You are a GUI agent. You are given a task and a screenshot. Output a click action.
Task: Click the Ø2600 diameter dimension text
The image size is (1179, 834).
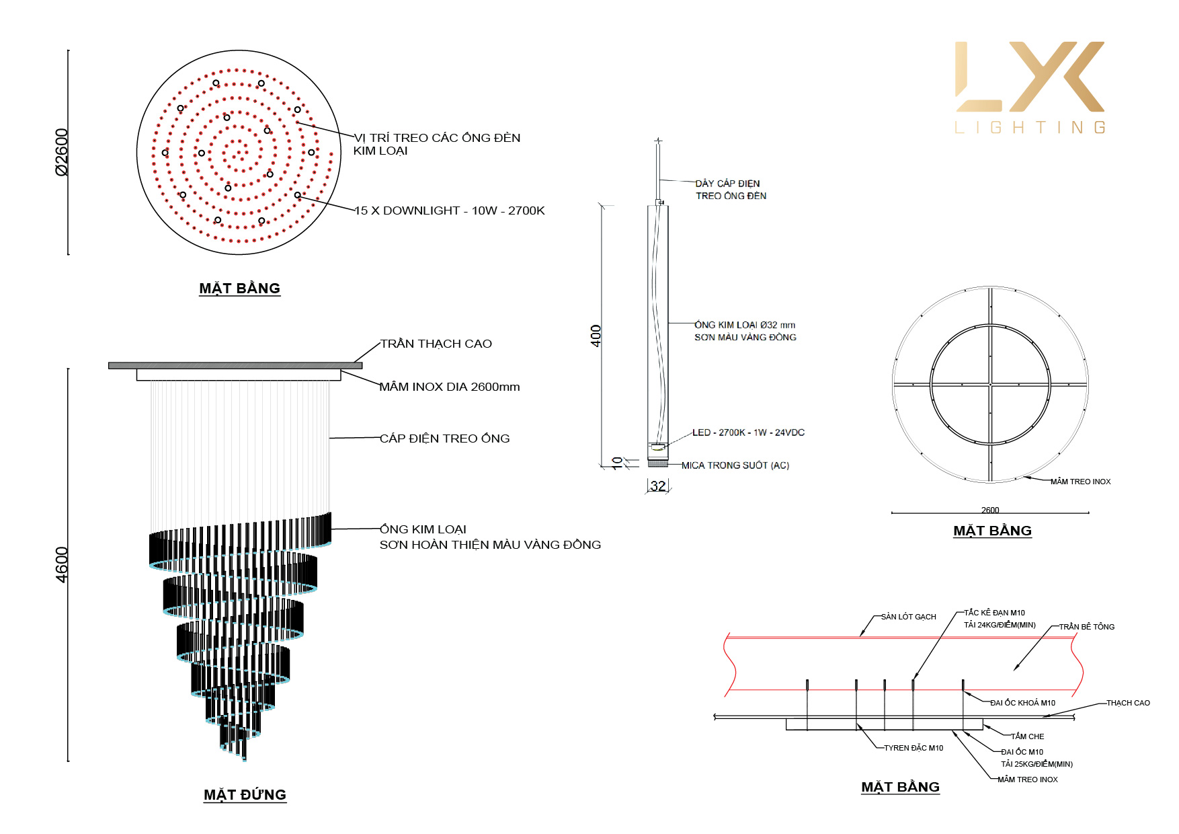(61, 152)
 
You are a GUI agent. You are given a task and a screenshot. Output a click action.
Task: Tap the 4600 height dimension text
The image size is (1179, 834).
(61, 565)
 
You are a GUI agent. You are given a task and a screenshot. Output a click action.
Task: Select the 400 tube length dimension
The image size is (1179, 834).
(596, 336)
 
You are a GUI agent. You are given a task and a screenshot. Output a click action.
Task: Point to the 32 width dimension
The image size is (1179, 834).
(658, 486)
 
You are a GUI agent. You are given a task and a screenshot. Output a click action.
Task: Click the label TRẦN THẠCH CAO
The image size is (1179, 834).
(436, 344)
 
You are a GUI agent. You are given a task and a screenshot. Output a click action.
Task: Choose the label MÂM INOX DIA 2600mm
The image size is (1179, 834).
(450, 387)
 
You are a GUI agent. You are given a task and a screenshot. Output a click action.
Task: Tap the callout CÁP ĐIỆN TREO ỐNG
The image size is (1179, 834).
(444, 439)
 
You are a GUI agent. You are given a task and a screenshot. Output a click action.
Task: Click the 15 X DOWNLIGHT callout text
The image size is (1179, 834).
(449, 211)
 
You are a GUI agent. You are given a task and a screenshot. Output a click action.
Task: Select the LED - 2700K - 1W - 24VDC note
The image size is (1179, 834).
(748, 432)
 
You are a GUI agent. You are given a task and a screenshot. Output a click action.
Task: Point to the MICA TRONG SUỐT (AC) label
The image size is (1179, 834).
(735, 465)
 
